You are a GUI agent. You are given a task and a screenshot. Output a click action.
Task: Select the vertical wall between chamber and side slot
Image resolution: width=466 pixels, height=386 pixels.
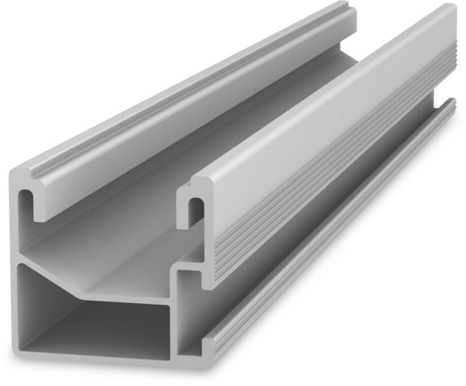coord(174,322)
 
